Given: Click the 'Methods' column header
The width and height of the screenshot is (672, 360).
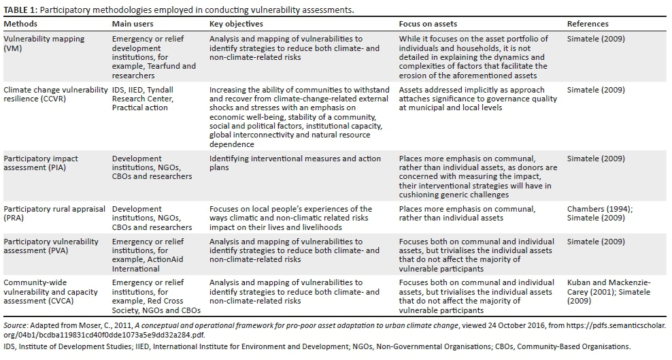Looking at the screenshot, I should coord(21,24).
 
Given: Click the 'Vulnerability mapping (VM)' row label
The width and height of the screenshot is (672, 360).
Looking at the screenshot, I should coord(44,44).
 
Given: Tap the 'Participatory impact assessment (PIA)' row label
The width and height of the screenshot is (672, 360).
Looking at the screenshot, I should coord(41,163).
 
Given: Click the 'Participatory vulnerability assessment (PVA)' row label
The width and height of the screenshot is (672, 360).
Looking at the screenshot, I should coord(51,246).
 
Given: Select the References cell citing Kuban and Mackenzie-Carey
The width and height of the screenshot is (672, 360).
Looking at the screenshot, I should coord(608,291).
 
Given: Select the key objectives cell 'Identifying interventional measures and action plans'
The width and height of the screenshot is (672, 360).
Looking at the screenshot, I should coord(295,163).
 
